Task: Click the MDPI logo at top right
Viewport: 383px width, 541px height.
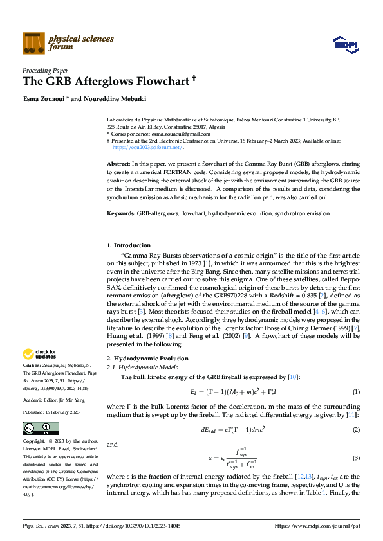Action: click(344, 44)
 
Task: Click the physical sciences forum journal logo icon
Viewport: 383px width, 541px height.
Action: click(33, 43)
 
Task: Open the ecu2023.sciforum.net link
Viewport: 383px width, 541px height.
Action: click(146, 146)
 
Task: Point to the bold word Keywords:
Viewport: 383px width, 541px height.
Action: click(120, 212)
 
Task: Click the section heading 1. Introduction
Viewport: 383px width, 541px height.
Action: click(128, 245)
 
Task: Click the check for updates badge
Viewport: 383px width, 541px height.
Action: click(39, 354)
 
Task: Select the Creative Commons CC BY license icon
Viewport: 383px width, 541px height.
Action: click(41, 429)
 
